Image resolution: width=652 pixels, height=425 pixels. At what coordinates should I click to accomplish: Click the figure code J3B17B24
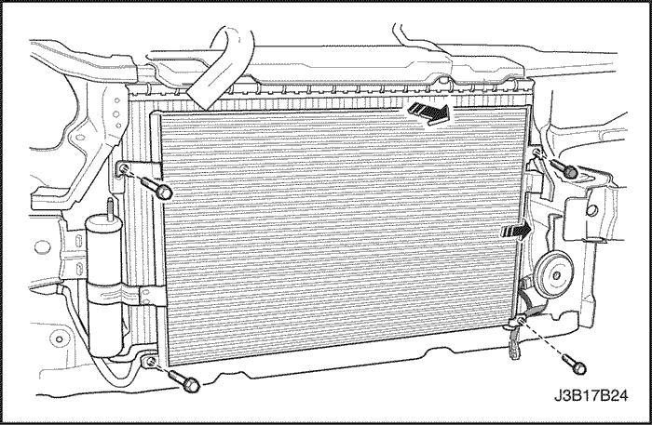[591, 395]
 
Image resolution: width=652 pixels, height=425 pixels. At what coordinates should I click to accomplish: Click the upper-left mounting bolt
[156, 187]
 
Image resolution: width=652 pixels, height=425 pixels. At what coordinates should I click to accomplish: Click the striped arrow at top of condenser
[429, 113]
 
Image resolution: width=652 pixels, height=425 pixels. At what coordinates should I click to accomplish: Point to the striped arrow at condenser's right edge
[517, 230]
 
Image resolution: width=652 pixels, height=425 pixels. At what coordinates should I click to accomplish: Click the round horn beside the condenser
[554, 274]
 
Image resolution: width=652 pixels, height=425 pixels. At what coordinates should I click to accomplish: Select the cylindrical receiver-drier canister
[104, 286]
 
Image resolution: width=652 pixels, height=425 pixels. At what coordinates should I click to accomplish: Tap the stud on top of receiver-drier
[111, 207]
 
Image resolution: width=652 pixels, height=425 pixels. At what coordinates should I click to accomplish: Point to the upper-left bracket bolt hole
[124, 168]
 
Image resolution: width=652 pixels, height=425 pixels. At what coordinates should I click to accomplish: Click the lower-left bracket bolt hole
[151, 362]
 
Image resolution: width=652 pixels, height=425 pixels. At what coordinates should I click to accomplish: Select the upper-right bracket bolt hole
[537, 153]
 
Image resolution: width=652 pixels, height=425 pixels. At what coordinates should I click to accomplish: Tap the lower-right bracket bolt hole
[519, 320]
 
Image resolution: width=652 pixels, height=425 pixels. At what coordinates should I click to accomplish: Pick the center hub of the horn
[555, 274]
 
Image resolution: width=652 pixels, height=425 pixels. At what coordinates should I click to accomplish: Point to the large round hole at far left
[42, 247]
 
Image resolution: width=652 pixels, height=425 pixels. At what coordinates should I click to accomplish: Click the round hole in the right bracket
[593, 211]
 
